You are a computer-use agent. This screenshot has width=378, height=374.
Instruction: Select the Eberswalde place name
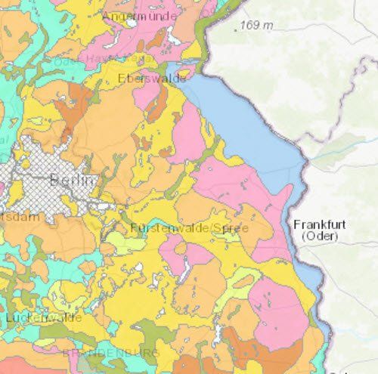(x=152, y=78)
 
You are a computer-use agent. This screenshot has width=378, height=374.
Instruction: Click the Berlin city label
(x=73, y=180)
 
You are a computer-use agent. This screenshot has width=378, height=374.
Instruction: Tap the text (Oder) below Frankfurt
(x=318, y=236)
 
